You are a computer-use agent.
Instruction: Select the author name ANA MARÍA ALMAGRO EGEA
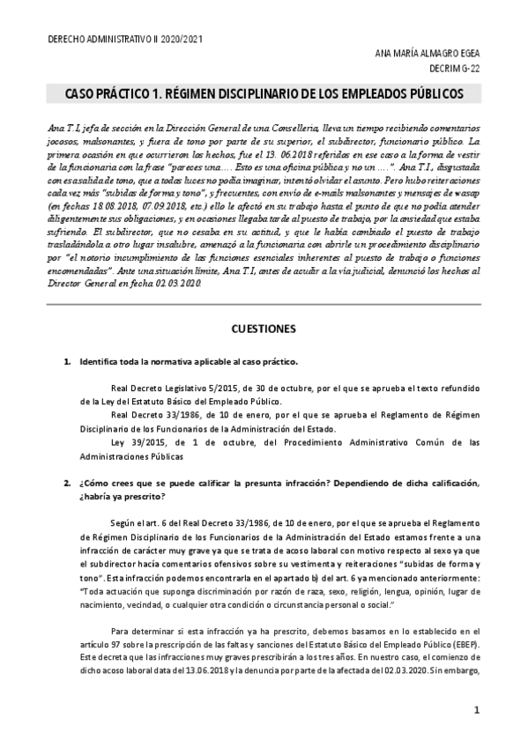pos(428,54)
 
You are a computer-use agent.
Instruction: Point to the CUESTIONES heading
pos(264,329)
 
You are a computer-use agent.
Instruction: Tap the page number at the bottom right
pos(476,709)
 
